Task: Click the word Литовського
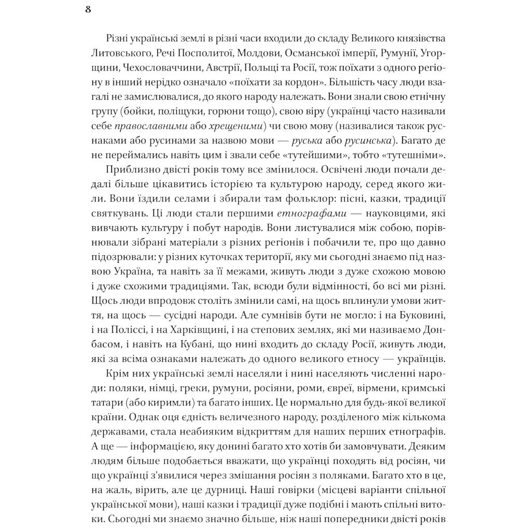(115, 53)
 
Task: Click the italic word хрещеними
(226, 126)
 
